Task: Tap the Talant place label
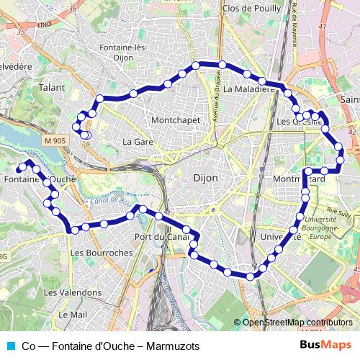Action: [52, 87]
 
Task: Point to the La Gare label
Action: [138, 142]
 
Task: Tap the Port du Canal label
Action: [161, 237]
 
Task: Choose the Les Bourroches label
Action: [102, 253]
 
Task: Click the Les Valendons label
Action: [72, 293]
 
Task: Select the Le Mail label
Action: [73, 315]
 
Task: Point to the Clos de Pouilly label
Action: [253, 8]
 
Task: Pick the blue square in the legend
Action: [10, 346]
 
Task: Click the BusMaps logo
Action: [325, 346]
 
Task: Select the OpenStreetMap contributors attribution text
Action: [297, 323]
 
